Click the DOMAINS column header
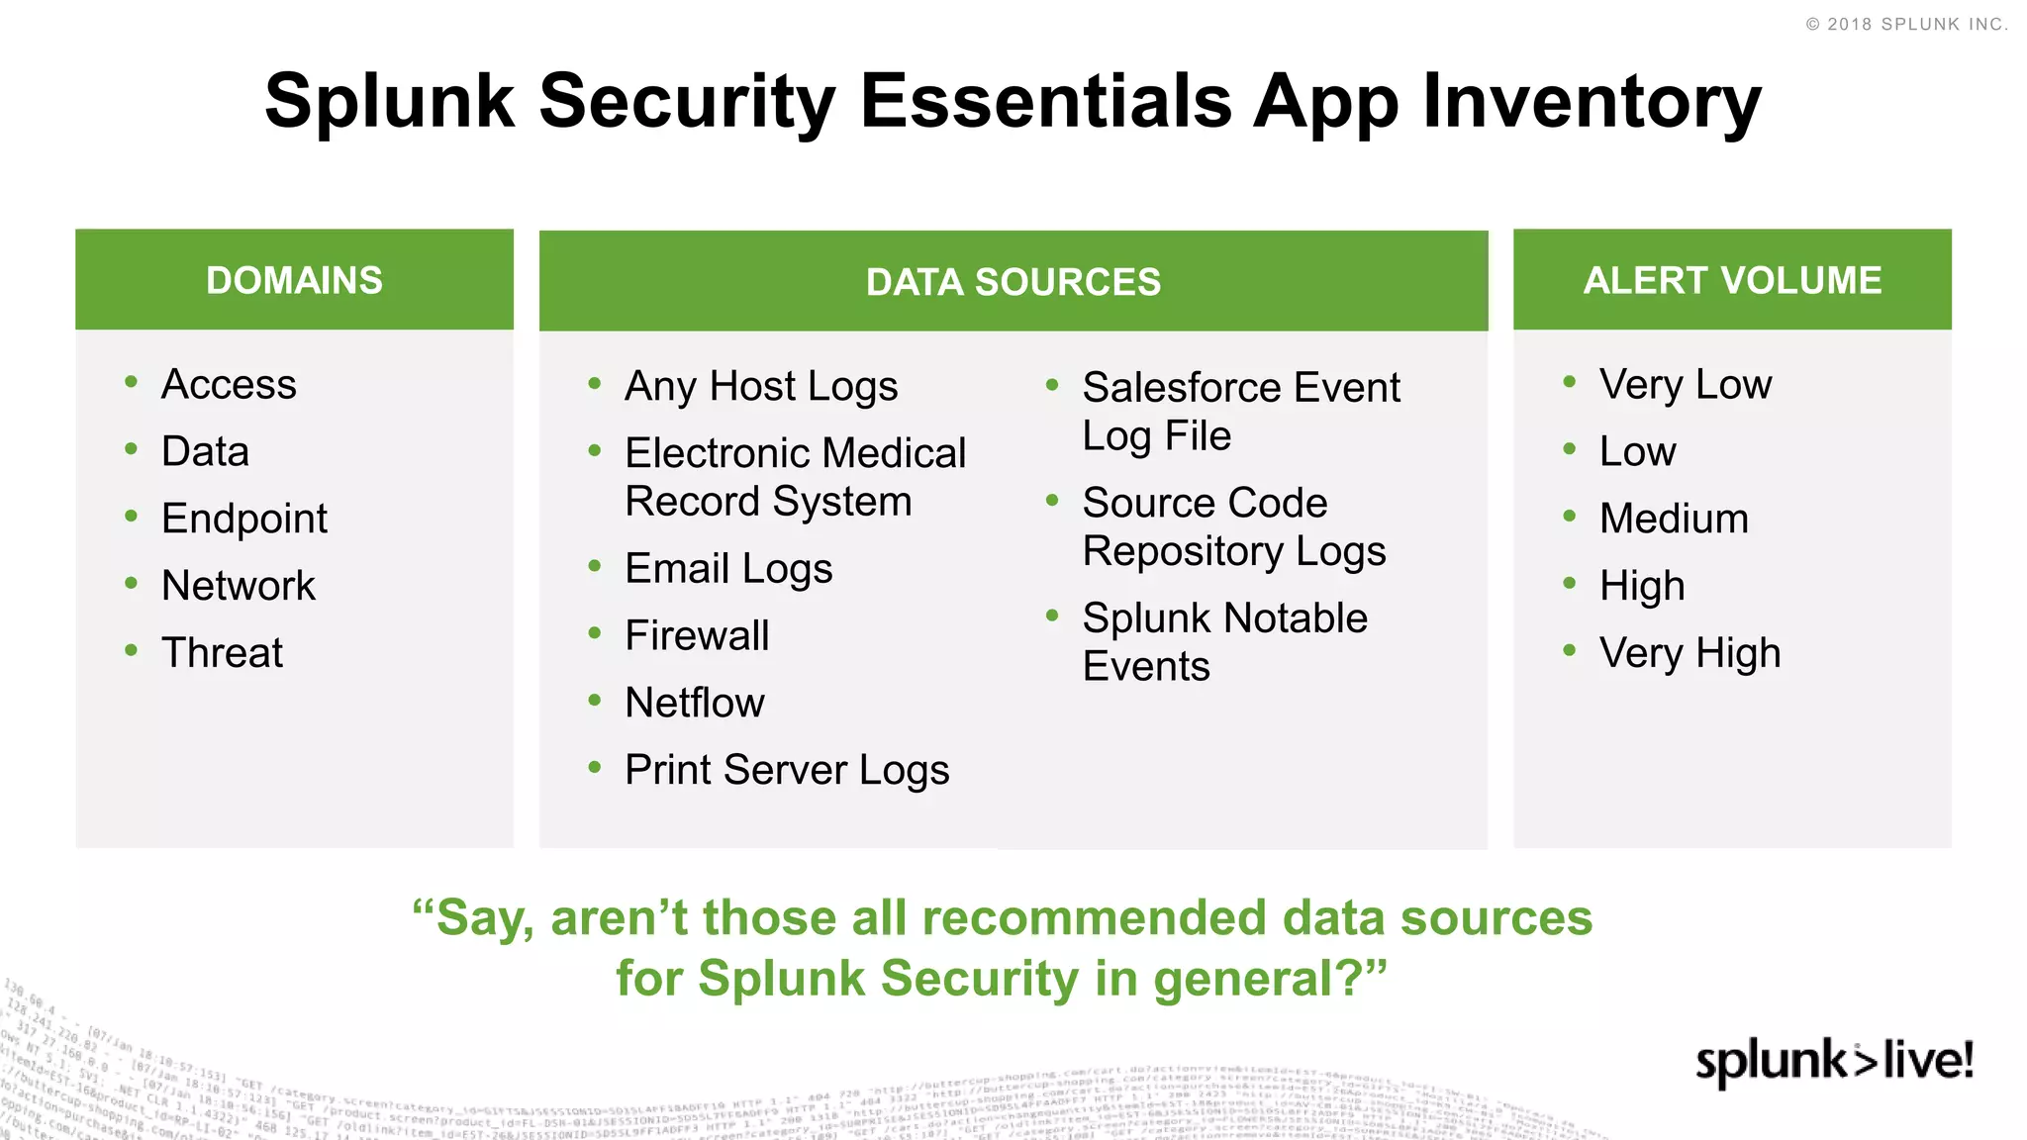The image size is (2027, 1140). pyautogui.click(x=294, y=280)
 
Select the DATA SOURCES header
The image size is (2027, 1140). pyautogui.click(x=1013, y=282)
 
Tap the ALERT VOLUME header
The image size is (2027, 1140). pyautogui.click(x=1732, y=280)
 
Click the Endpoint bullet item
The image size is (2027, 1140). pyautogui.click(x=243, y=519)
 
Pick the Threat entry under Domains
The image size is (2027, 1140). pyautogui.click(x=222, y=653)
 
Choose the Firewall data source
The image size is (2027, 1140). pyautogui.click(x=697, y=635)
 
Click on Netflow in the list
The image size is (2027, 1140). pyautogui.click(x=695, y=703)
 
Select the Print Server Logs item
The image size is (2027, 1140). pyautogui.click(x=787, y=770)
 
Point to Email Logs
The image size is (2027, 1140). pyautogui.click(x=728, y=569)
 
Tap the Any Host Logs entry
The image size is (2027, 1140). pyautogui.click(x=761, y=386)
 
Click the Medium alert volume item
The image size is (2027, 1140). pyautogui.click(x=1674, y=519)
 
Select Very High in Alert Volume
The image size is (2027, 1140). pyautogui.click(x=1689, y=653)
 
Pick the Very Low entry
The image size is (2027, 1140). pyautogui.click(x=1685, y=384)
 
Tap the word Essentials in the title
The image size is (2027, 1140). pyautogui.click(x=1045, y=101)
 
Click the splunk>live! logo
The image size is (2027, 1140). pyautogui.click(x=1834, y=1062)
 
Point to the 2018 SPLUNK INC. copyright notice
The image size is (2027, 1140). pyautogui.click(x=1906, y=24)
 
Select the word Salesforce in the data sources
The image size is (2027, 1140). pyautogui.click(x=1178, y=388)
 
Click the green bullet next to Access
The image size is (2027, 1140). pyautogui.click(x=131, y=382)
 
